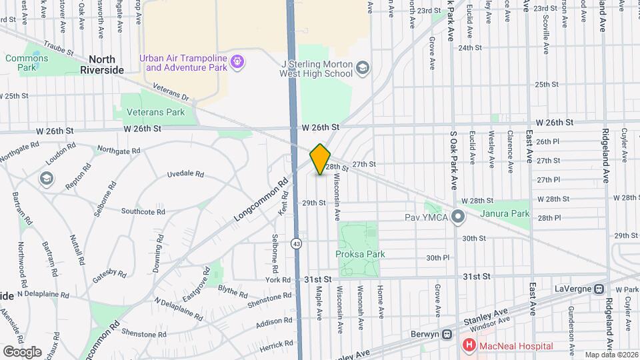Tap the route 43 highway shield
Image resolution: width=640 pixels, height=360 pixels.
tap(296, 244)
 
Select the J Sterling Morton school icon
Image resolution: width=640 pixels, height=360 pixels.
tap(362, 68)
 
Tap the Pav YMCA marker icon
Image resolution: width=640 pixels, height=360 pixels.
tap(457, 217)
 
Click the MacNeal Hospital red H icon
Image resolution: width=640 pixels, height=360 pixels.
tap(469, 345)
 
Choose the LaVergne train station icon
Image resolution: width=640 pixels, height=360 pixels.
tap(599, 289)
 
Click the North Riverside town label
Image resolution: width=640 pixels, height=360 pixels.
tap(102, 64)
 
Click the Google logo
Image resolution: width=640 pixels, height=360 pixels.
tap(22, 351)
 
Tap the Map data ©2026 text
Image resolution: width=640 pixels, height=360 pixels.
tap(611, 355)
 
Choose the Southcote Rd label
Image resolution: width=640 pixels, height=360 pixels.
tap(143, 211)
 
